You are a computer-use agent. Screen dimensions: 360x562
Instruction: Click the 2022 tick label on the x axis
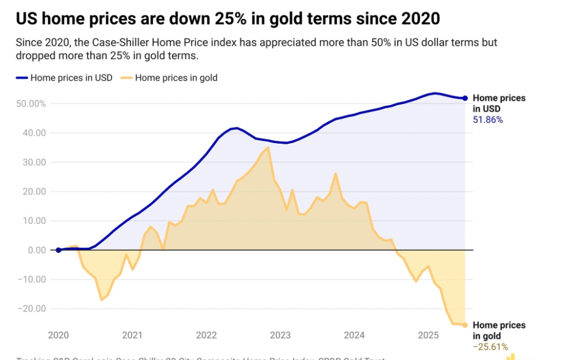point(206,335)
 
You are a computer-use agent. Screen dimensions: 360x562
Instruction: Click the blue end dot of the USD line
point(465,98)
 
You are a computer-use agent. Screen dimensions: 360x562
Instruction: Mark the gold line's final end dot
point(465,325)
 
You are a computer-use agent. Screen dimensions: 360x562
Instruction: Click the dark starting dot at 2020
point(58,250)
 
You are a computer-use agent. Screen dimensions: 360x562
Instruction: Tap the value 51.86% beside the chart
point(488,120)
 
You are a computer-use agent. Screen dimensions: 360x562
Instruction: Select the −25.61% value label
point(490,347)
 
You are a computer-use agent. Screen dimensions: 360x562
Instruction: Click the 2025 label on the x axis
point(428,335)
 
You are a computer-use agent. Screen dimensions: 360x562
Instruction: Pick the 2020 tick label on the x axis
point(58,335)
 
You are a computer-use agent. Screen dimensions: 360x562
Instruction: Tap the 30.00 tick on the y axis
point(34,162)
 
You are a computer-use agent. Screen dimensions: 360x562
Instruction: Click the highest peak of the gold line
point(268,147)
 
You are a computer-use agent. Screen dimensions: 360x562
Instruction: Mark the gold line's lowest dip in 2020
point(101,300)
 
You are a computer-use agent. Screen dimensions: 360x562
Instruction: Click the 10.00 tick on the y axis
point(34,221)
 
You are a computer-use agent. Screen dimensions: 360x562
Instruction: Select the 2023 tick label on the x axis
point(280,335)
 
